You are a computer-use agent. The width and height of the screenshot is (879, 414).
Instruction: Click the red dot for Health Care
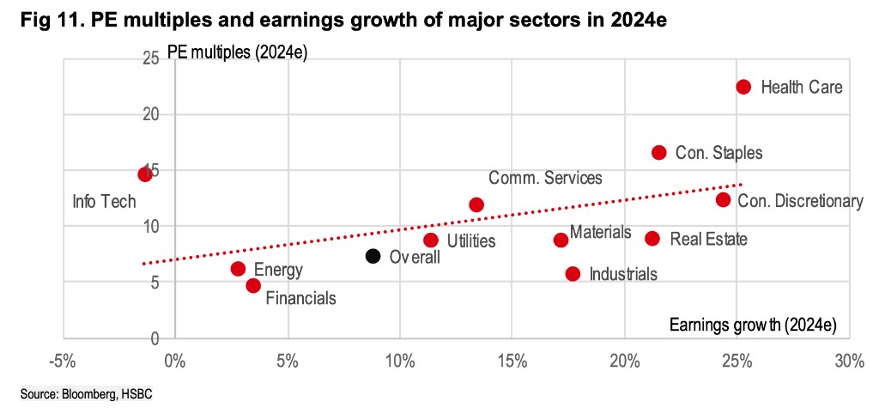pyautogui.click(x=743, y=87)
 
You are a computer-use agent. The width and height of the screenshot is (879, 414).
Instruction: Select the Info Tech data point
pyautogui.click(x=145, y=174)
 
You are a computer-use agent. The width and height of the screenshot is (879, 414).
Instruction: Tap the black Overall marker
pyautogui.click(x=373, y=255)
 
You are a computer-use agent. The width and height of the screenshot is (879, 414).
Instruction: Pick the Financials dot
pyautogui.click(x=253, y=285)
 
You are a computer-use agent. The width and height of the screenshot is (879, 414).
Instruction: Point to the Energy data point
pyautogui.click(x=238, y=269)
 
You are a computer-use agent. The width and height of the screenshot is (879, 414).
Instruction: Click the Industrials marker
pyautogui.click(x=573, y=273)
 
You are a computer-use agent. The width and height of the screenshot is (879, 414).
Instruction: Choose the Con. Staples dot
pyautogui.click(x=659, y=152)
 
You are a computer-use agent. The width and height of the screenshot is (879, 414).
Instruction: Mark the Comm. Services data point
pyautogui.click(x=476, y=204)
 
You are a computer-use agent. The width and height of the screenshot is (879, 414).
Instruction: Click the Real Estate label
pyautogui.click(x=708, y=239)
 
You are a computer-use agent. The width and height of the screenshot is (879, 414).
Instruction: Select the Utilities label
pyautogui.click(x=471, y=240)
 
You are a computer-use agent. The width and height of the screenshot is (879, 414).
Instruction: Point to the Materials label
pyautogui.click(x=600, y=232)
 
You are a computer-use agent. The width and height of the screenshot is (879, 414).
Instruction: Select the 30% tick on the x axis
pyautogui.click(x=848, y=361)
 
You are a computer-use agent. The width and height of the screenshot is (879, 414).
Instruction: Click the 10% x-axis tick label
pyautogui.click(x=399, y=361)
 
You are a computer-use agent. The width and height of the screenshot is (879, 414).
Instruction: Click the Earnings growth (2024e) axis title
pyautogui.click(x=751, y=324)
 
